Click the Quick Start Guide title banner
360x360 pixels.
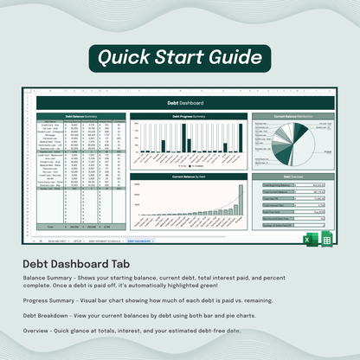180,59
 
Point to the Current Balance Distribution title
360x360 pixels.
292,115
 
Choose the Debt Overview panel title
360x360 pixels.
292,177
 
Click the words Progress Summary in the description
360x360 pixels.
49,299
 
